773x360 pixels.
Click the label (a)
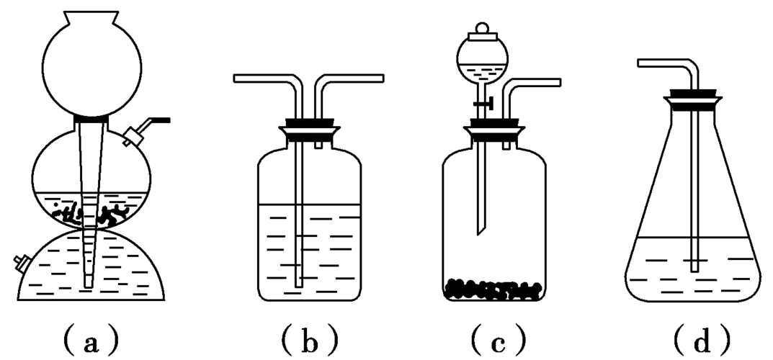(x=90, y=338)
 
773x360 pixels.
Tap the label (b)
(x=310, y=338)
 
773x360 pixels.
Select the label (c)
(x=496, y=338)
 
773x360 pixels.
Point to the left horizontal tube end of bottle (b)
(x=237, y=78)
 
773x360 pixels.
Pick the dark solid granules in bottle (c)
(x=493, y=288)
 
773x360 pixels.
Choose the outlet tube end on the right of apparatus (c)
(x=559, y=84)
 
